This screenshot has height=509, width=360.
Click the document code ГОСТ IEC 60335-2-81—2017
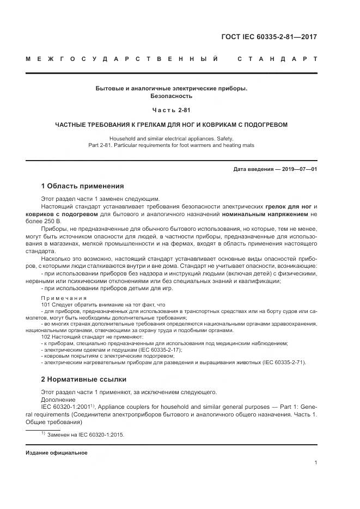click(x=269, y=37)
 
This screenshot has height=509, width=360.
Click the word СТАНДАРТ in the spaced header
click(x=278, y=58)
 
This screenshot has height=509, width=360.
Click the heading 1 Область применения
click(x=82, y=186)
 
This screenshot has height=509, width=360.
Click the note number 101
click(x=46, y=305)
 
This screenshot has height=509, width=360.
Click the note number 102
click(x=46, y=336)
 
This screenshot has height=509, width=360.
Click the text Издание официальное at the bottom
click(x=57, y=452)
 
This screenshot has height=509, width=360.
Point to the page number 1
click(x=315, y=463)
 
